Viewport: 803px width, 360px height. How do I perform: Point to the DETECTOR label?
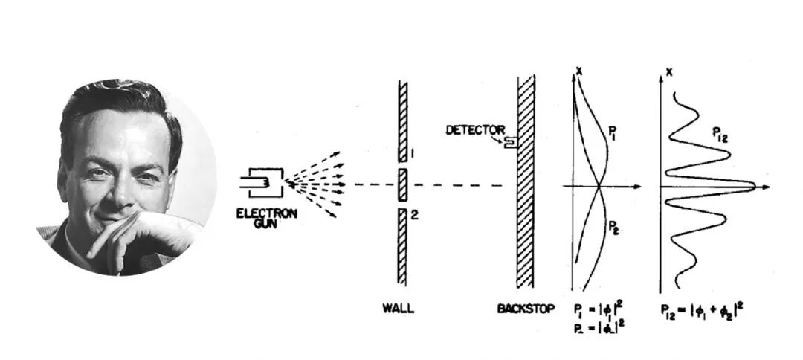pos(475,130)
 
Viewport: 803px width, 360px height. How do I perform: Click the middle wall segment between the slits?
pos(403,184)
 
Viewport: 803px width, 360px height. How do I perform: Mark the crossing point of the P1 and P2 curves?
pos(599,185)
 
